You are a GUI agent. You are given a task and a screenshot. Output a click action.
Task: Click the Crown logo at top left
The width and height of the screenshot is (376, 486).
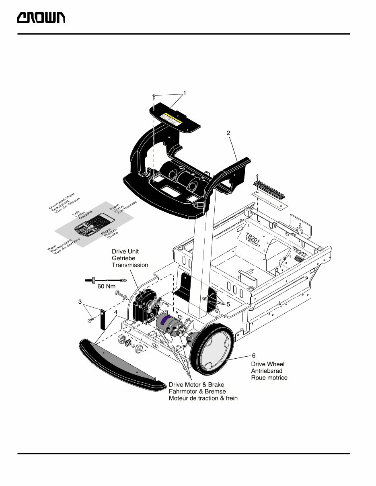coord(41,18)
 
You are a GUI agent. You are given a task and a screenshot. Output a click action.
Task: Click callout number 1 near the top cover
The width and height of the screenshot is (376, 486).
coord(185,93)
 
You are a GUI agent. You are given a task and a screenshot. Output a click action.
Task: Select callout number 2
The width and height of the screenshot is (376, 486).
coord(228,133)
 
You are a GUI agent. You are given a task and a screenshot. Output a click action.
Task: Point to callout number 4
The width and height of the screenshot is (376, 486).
coord(115,312)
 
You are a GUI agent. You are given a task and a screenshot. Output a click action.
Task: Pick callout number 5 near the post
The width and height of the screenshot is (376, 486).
coord(228,304)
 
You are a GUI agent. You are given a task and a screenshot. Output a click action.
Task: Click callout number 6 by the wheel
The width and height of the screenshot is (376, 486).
coord(254,356)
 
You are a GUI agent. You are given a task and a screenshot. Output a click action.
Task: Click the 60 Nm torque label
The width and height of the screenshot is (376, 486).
coord(106,287)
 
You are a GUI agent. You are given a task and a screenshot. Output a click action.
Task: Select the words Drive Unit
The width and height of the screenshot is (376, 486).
coord(125,252)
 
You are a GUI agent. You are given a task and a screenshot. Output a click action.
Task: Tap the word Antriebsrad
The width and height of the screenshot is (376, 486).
coord(267,371)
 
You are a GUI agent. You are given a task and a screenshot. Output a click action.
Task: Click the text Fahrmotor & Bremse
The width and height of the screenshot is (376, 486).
coord(197,391)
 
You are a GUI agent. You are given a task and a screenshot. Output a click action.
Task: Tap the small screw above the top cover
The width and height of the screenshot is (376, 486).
coord(154,96)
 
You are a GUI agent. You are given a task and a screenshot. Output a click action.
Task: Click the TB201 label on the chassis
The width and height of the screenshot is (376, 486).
coord(253,239)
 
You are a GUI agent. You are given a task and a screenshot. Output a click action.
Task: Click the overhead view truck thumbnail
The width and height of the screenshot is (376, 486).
coord(92,225)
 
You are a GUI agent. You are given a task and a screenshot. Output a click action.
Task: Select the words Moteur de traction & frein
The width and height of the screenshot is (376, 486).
coord(203,398)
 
